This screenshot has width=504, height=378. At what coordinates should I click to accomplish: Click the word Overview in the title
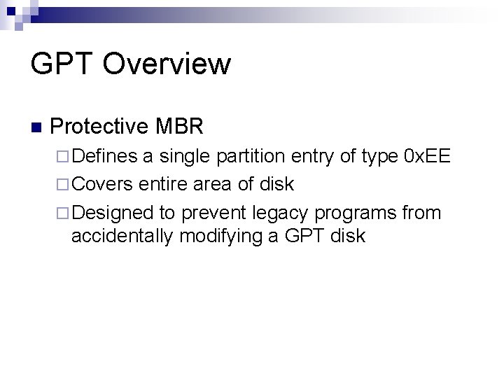(x=167, y=64)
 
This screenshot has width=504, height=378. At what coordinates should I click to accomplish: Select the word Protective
(x=100, y=127)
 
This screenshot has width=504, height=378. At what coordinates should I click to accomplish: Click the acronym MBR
(x=180, y=127)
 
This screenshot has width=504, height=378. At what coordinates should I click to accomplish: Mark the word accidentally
(x=122, y=236)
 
